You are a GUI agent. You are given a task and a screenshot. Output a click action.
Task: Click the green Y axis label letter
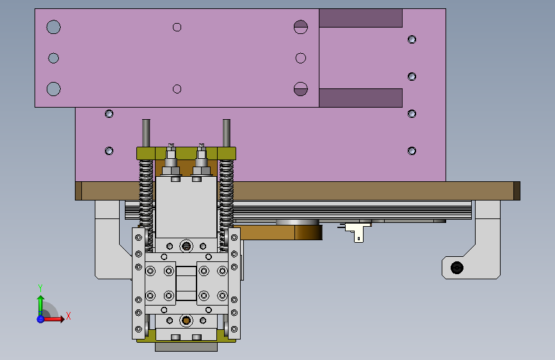(x=40, y=288)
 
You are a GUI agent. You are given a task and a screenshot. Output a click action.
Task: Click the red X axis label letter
(x=68, y=316)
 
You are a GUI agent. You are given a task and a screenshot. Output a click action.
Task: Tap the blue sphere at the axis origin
(x=40, y=319)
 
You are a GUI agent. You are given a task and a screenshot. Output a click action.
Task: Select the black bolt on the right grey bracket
(x=456, y=268)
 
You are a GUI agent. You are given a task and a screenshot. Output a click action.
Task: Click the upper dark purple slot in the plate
(x=360, y=18)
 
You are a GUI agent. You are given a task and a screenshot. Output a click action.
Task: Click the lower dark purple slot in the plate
(x=360, y=98)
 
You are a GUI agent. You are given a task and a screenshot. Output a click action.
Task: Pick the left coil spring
(x=146, y=204)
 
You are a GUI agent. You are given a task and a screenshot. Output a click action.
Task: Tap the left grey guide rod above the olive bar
(x=146, y=133)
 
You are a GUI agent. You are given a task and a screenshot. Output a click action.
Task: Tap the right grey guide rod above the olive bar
(x=227, y=133)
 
